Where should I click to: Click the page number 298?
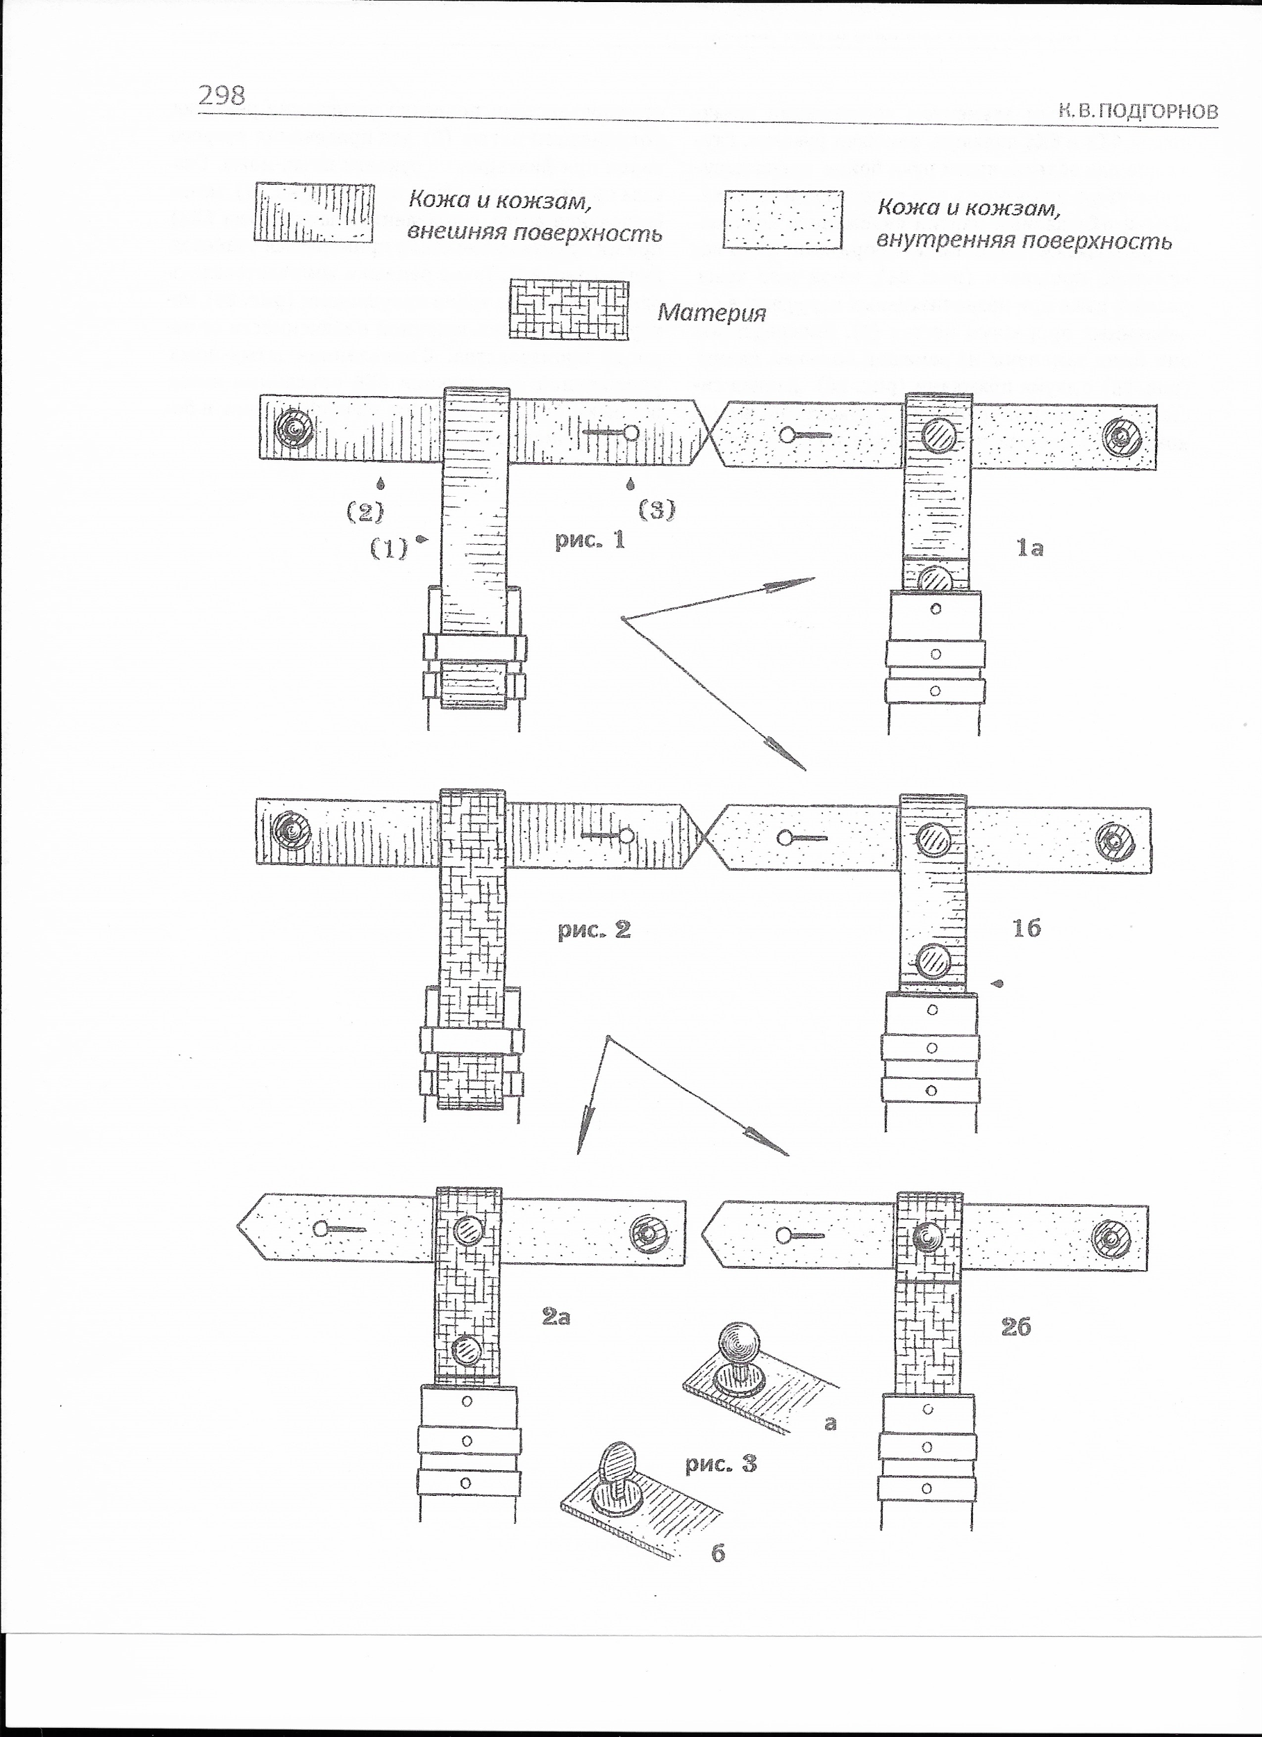pyautogui.click(x=222, y=95)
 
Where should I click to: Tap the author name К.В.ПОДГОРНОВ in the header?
pyautogui.click(x=1138, y=111)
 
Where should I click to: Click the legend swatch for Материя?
pyautogui.click(x=569, y=309)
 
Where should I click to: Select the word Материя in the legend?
pyautogui.click(x=711, y=313)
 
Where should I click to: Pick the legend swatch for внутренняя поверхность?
pyautogui.click(x=783, y=220)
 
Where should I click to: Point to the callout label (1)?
pyautogui.click(x=389, y=548)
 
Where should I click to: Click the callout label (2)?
pyautogui.click(x=365, y=511)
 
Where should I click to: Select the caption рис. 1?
pyautogui.click(x=590, y=540)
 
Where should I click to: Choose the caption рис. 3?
pyautogui.click(x=720, y=1463)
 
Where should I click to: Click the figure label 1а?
pyautogui.click(x=1029, y=548)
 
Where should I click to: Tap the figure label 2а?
pyautogui.click(x=556, y=1317)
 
